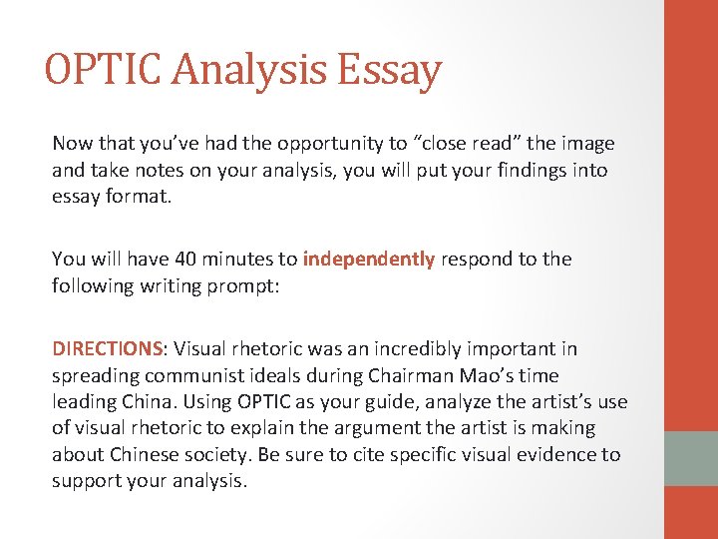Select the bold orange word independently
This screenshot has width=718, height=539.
coord(369,259)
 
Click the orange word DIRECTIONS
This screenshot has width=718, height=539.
coord(107,348)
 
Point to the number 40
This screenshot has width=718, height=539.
coord(185,259)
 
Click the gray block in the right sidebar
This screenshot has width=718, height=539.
coord(691,458)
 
